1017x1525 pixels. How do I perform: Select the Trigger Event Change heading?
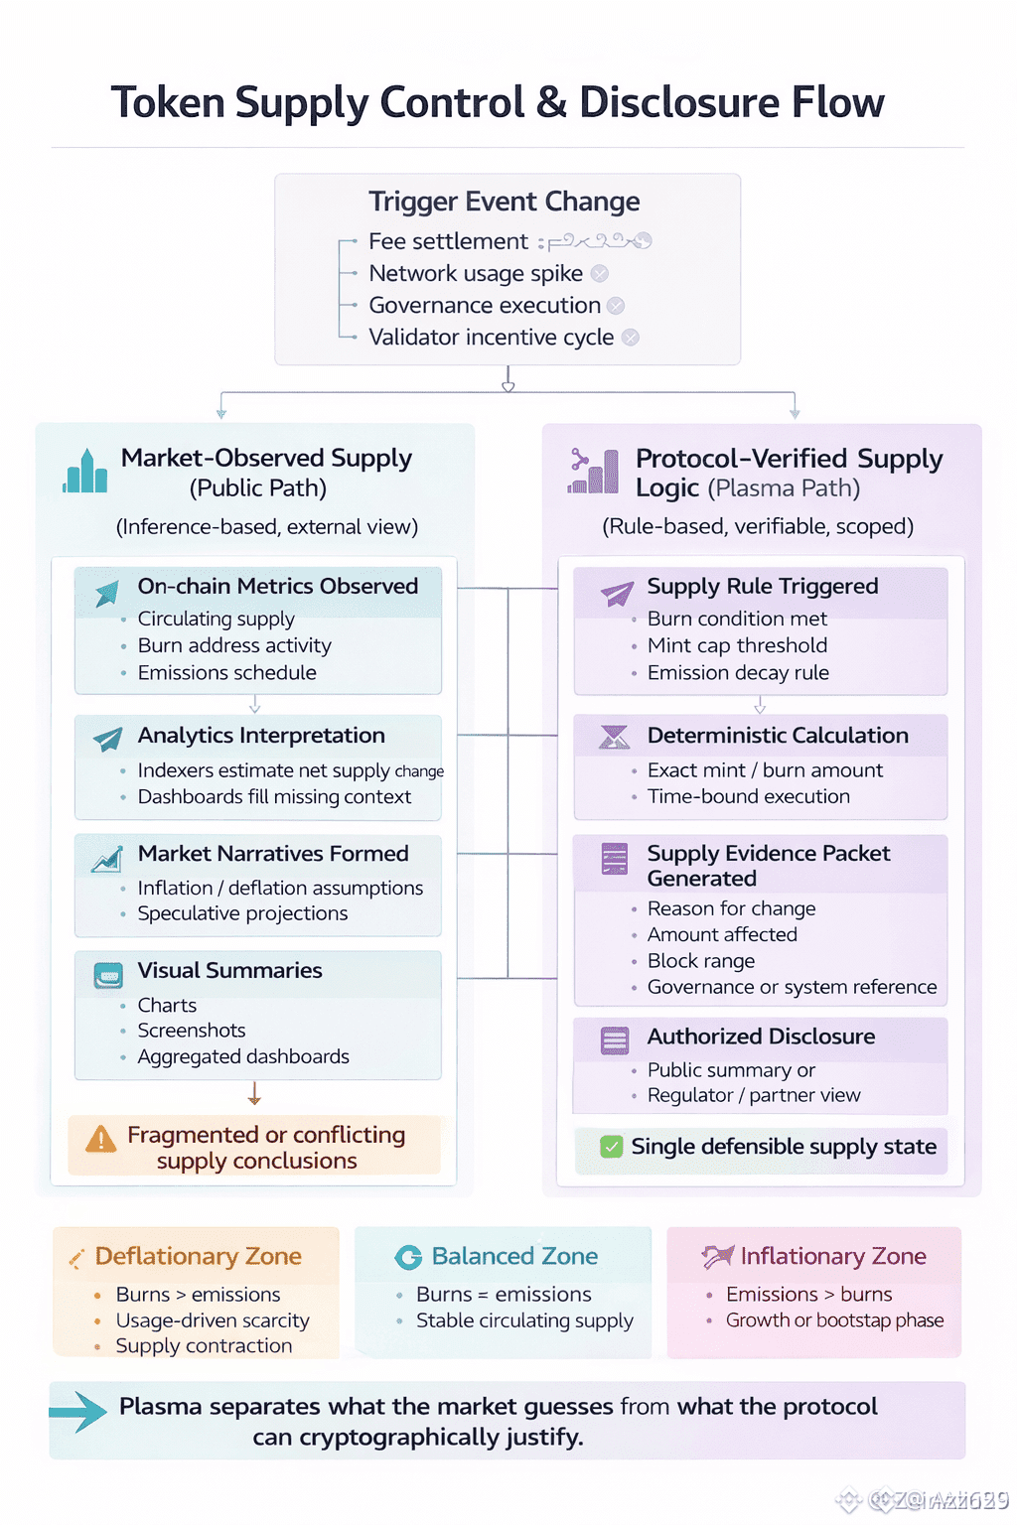(504, 202)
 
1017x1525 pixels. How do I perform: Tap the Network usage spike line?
(476, 273)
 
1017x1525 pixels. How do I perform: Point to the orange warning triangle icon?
(100, 1140)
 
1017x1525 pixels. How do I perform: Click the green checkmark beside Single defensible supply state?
(612, 1147)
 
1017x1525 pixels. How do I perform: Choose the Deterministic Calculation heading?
(778, 736)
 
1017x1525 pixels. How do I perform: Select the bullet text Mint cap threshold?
(737, 645)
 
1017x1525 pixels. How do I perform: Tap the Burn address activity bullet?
(234, 645)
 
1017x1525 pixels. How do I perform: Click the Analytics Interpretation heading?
(261, 736)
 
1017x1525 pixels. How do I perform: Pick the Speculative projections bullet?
(242, 913)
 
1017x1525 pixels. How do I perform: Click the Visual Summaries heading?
(229, 970)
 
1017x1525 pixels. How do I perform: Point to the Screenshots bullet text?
(192, 1031)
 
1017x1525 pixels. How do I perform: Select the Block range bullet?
(701, 961)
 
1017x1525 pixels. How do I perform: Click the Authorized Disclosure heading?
(761, 1037)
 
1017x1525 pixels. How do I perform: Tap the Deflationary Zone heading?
(198, 1256)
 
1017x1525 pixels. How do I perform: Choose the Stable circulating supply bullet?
(524, 1320)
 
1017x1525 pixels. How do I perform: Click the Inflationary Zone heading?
(832, 1256)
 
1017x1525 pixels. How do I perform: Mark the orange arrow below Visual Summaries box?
(254, 1094)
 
